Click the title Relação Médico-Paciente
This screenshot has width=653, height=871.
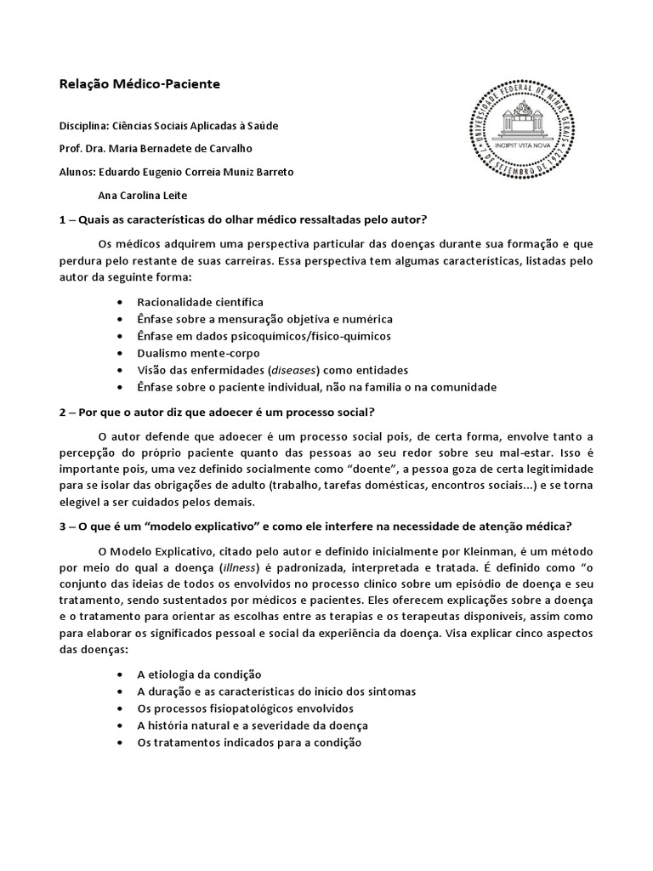pos(139,84)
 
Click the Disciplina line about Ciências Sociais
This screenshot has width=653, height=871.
pos(168,126)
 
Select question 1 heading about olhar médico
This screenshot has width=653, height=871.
pos(242,219)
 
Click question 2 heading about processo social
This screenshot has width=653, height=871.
pos(217,413)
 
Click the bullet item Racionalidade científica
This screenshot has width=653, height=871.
pos(200,302)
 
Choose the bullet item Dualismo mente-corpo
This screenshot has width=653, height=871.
pos(198,353)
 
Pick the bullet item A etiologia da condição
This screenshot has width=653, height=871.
pos(199,674)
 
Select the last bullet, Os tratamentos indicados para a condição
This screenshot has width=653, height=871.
pos(249,742)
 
